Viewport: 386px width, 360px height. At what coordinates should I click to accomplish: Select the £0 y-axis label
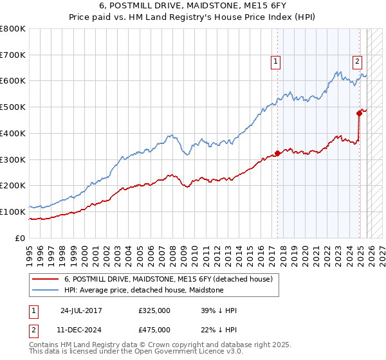pyautogui.click(x=19, y=238)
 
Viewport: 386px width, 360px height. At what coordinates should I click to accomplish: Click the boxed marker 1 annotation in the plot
pyautogui.click(x=275, y=62)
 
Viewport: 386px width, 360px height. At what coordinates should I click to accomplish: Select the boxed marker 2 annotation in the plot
pyautogui.click(x=357, y=62)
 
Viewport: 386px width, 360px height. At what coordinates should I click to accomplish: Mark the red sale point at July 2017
pyautogui.click(x=278, y=153)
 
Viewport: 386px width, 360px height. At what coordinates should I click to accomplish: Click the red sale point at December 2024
pyautogui.click(x=359, y=114)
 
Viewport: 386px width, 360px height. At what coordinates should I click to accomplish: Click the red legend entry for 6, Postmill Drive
pyautogui.click(x=169, y=280)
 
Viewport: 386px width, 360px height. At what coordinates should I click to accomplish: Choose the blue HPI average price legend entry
pyautogui.click(x=143, y=291)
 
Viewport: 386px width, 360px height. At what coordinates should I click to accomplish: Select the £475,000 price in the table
pyautogui.click(x=154, y=330)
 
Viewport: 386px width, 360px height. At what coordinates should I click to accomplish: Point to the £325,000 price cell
pyautogui.click(x=154, y=310)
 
